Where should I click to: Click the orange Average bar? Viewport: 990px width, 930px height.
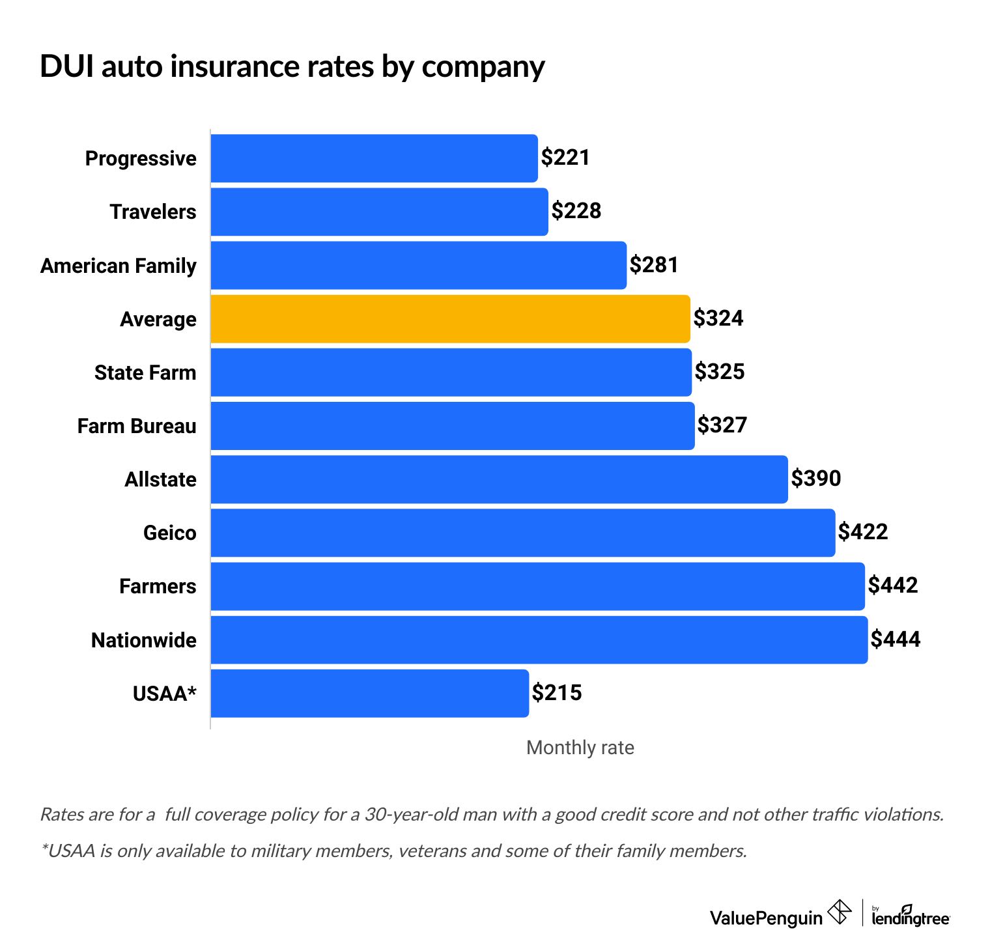pos(450,319)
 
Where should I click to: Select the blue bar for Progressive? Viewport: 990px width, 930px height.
pos(374,158)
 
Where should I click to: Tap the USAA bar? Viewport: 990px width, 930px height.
pos(369,694)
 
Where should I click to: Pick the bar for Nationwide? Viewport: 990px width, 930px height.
pos(539,640)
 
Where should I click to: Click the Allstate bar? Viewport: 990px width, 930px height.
pos(499,479)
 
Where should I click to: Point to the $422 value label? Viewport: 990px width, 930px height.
pos(863,532)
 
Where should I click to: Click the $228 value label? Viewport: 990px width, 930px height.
pos(576,211)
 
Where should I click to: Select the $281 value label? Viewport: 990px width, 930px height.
pos(654,265)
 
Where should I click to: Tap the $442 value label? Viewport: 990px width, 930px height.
pos(893,585)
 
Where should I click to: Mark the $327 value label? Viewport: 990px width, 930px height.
pos(722,425)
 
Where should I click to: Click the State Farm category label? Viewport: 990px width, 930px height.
pos(145,373)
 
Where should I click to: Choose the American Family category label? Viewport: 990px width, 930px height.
pos(119,266)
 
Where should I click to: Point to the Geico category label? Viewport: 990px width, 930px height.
pos(169,533)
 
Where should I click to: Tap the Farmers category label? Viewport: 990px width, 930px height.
pos(158,586)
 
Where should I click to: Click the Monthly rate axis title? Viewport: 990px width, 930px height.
pos(580,748)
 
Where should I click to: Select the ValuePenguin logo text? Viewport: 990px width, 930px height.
pos(766,918)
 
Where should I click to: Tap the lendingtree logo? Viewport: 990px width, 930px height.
pos(911,916)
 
